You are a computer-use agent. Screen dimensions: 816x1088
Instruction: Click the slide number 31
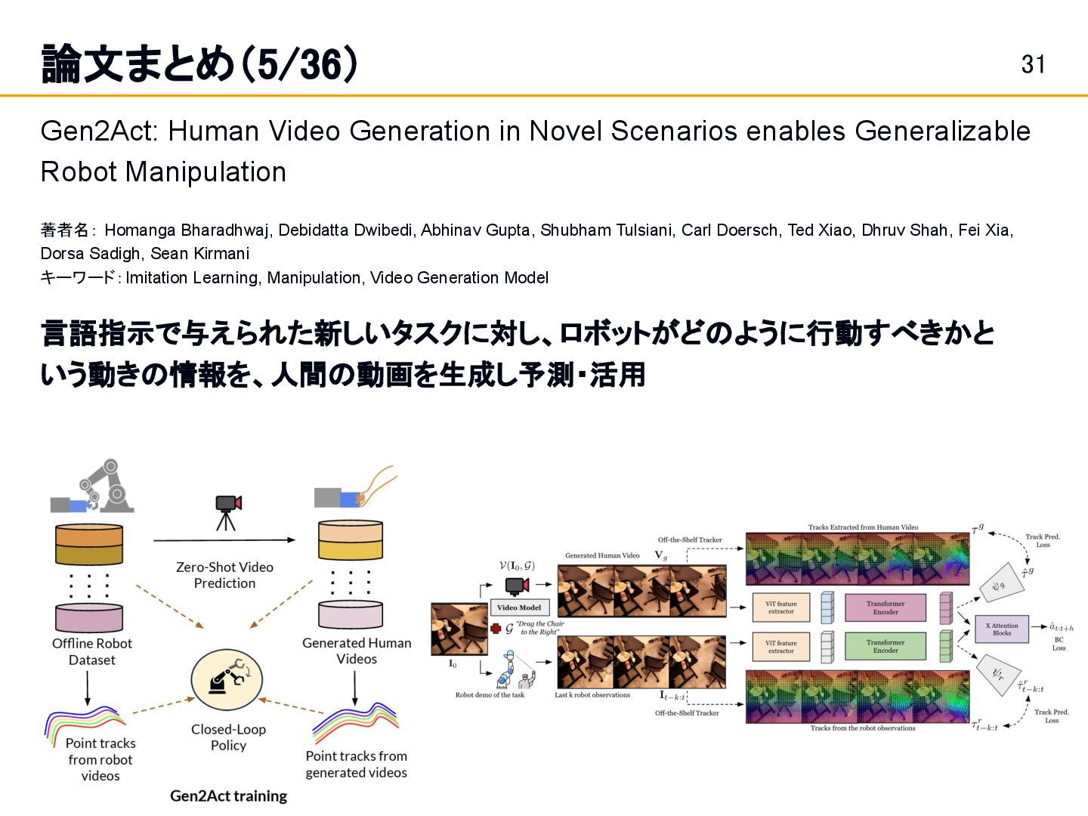click(1033, 64)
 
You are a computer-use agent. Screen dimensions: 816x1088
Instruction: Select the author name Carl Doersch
click(730, 230)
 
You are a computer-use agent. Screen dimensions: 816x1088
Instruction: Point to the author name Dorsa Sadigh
click(91, 253)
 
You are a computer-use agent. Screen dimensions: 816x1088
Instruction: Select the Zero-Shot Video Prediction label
click(224, 575)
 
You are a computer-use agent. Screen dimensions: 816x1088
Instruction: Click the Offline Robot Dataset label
click(92, 651)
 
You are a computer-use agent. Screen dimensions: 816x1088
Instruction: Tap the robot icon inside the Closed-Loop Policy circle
click(227, 677)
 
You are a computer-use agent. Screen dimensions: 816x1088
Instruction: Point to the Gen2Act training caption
click(228, 796)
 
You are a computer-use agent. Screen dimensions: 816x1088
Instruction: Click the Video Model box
click(519, 607)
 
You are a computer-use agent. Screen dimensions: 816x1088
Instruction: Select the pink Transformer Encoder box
click(885, 607)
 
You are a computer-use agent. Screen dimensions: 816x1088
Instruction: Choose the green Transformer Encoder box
click(885, 646)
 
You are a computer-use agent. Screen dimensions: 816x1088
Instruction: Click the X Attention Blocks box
click(1001, 629)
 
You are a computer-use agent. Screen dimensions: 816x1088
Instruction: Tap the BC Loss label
click(1059, 644)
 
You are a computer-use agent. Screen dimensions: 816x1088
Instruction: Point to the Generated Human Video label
click(602, 555)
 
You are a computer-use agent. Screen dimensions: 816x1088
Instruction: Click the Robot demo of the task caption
click(490, 695)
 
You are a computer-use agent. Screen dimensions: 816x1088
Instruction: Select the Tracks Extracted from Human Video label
click(863, 527)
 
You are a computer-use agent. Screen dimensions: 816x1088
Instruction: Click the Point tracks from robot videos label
click(100, 759)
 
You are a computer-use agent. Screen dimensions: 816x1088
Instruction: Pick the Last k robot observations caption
click(592, 695)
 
